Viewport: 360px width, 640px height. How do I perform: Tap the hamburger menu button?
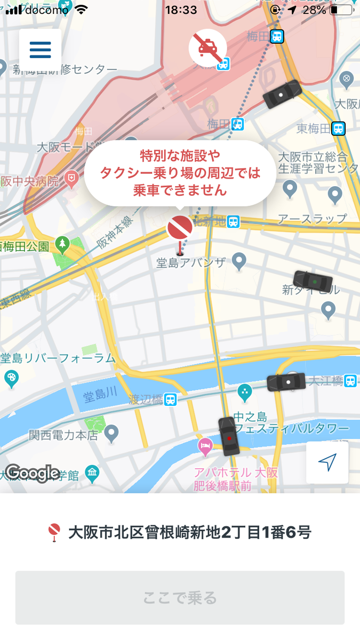(x=40, y=49)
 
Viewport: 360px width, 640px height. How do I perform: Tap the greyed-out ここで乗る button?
(x=180, y=597)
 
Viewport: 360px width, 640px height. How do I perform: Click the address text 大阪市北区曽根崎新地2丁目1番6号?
(x=189, y=532)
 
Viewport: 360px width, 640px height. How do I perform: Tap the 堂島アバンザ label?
(x=191, y=262)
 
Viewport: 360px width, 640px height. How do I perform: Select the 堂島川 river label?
(x=100, y=396)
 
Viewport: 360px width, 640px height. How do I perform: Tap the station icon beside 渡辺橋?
(x=171, y=399)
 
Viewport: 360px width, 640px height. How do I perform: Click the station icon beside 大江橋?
(x=350, y=381)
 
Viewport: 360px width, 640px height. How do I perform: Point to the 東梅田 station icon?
(x=338, y=129)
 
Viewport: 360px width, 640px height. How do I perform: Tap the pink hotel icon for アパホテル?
(x=205, y=447)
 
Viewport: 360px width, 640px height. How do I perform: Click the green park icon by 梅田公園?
(x=62, y=245)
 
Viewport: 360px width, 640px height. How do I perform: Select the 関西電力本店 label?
(x=63, y=435)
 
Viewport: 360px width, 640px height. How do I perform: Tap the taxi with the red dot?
(x=229, y=437)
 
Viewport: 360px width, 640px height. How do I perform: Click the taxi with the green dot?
(x=313, y=281)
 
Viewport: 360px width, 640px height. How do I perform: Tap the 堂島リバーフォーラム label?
(x=58, y=358)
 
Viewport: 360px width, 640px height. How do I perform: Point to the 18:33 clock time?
(x=180, y=10)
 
